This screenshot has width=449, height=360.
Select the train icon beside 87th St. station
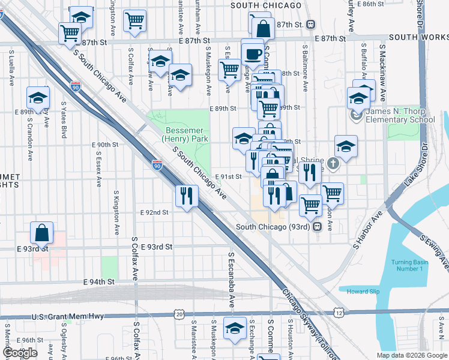tap(310, 25)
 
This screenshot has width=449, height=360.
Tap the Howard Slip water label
tap(363, 292)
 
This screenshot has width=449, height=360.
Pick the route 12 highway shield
tap(340, 313)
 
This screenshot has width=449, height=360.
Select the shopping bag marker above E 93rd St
tap(41, 232)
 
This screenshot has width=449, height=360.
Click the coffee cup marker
tap(253, 53)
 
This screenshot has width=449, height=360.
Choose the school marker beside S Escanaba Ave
tap(235, 328)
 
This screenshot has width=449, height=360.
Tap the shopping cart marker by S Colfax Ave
tap(134, 20)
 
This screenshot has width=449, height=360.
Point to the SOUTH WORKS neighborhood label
tap(418, 37)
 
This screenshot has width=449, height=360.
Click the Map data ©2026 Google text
tap(411, 355)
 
